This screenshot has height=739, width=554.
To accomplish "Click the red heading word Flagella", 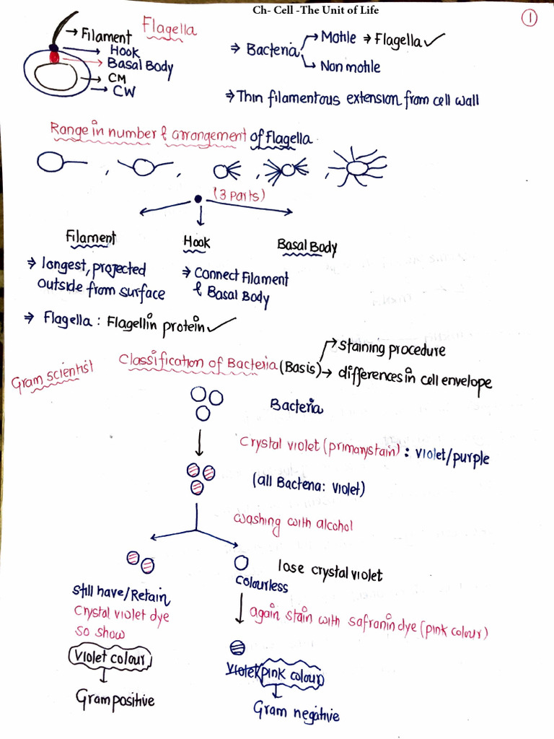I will [x=170, y=29].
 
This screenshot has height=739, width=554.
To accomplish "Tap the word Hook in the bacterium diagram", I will [x=125, y=52].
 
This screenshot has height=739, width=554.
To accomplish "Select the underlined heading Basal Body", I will [x=307, y=247].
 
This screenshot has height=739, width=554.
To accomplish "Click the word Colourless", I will [x=261, y=584].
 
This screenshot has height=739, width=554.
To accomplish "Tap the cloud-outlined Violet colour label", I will [x=111, y=658].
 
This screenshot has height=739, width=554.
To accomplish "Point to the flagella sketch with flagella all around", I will [x=357, y=167].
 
